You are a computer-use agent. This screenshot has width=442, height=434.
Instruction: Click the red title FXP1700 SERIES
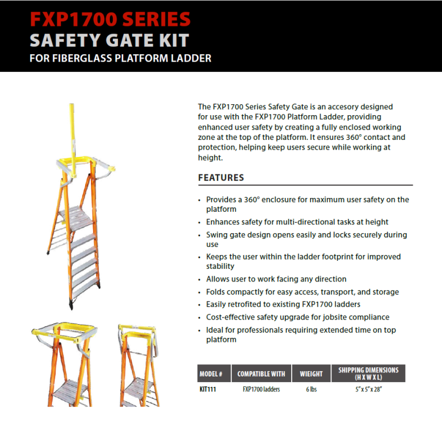tap(110, 19)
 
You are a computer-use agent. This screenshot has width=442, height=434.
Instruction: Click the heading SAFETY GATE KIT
tap(109, 40)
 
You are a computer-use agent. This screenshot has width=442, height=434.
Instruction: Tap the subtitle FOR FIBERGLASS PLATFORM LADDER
tap(120, 58)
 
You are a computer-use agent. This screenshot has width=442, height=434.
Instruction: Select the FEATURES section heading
tap(221, 178)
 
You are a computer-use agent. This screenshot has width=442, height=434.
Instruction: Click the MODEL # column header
tap(211, 374)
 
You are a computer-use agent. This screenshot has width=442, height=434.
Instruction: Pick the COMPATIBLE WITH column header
tap(261, 374)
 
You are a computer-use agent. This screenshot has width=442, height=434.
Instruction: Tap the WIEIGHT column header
tap(311, 374)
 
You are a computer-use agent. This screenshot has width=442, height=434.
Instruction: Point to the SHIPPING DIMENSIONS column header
tap(368, 374)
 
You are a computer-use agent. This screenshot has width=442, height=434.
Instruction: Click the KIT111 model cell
tap(208, 390)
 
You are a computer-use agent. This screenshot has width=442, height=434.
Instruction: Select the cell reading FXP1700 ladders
tap(261, 390)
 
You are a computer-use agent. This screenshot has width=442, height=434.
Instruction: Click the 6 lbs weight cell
tap(311, 390)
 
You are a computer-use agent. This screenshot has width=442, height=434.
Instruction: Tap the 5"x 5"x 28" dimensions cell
tap(368, 390)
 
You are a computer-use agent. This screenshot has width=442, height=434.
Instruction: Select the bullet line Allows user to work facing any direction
tap(276, 279)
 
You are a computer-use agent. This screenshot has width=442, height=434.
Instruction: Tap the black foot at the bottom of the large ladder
tap(71, 305)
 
